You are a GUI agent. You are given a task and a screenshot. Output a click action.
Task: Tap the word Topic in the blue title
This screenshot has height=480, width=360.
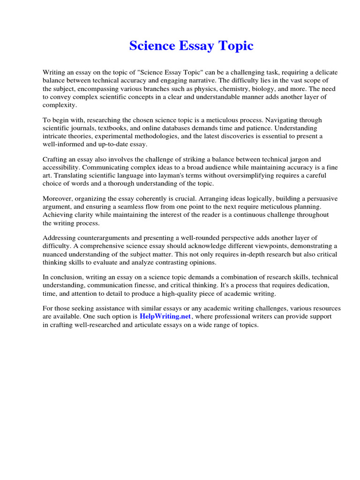tap(235, 46)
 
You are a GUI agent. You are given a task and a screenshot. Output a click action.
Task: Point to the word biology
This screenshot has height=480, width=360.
tap(278, 89)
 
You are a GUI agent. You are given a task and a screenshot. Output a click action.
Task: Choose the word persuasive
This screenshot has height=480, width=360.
tap(320, 199)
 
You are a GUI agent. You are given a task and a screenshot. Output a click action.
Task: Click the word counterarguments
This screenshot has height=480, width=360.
tap(101, 239)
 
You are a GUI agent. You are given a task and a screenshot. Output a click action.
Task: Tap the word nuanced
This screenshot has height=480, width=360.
tap(56, 255)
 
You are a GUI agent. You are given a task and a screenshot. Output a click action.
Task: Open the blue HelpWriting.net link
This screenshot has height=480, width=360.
tap(165, 317)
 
